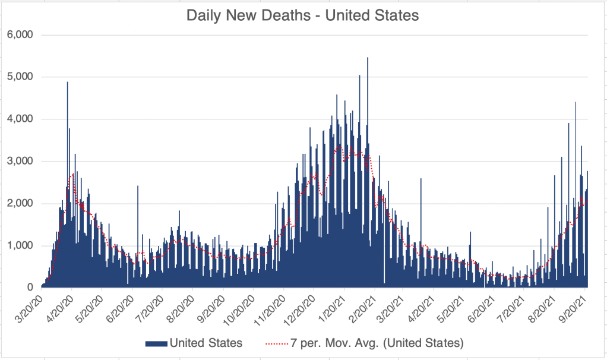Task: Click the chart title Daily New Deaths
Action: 302,15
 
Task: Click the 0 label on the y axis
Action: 30,288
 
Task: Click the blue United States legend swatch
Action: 156,343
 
